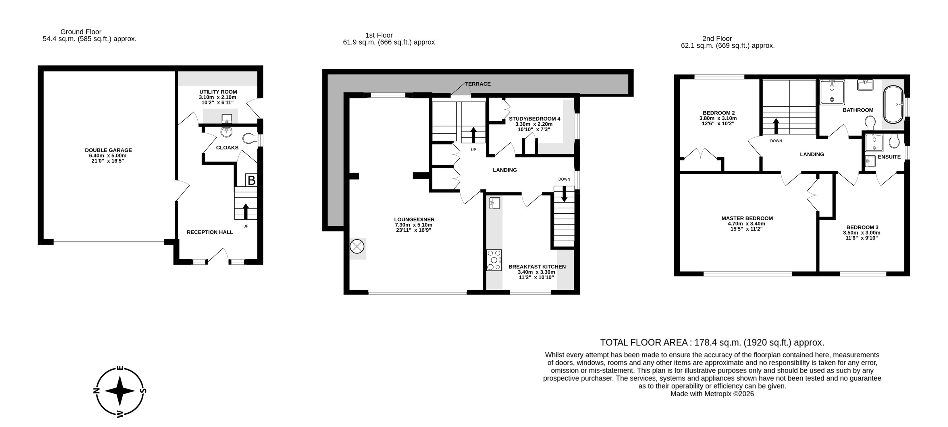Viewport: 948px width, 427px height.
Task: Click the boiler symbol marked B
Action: pyautogui.click(x=251, y=180)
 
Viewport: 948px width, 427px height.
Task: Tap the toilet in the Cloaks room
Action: pyautogui.click(x=250, y=139)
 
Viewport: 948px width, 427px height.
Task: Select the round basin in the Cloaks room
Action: pyautogui.click(x=226, y=132)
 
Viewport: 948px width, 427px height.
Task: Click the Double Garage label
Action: pyautogui.click(x=108, y=150)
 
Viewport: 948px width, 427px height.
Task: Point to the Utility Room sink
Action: pyautogui.click(x=227, y=119)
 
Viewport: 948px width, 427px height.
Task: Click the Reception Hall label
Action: pyautogui.click(x=210, y=232)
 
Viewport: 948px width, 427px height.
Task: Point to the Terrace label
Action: pyautogui.click(x=478, y=84)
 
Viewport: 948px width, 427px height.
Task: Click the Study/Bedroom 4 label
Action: pyautogui.click(x=534, y=119)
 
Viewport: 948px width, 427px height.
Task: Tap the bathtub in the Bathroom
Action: pyautogui.click(x=893, y=105)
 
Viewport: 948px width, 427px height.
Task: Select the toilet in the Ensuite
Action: pyautogui.click(x=894, y=140)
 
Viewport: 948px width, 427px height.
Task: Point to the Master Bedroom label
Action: pyautogui.click(x=747, y=218)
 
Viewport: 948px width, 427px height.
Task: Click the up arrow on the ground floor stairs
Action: pyautogui.click(x=245, y=211)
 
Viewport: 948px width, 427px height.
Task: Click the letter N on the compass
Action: pyautogui.click(x=97, y=391)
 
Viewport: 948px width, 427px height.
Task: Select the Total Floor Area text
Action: pyautogui.click(x=712, y=342)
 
